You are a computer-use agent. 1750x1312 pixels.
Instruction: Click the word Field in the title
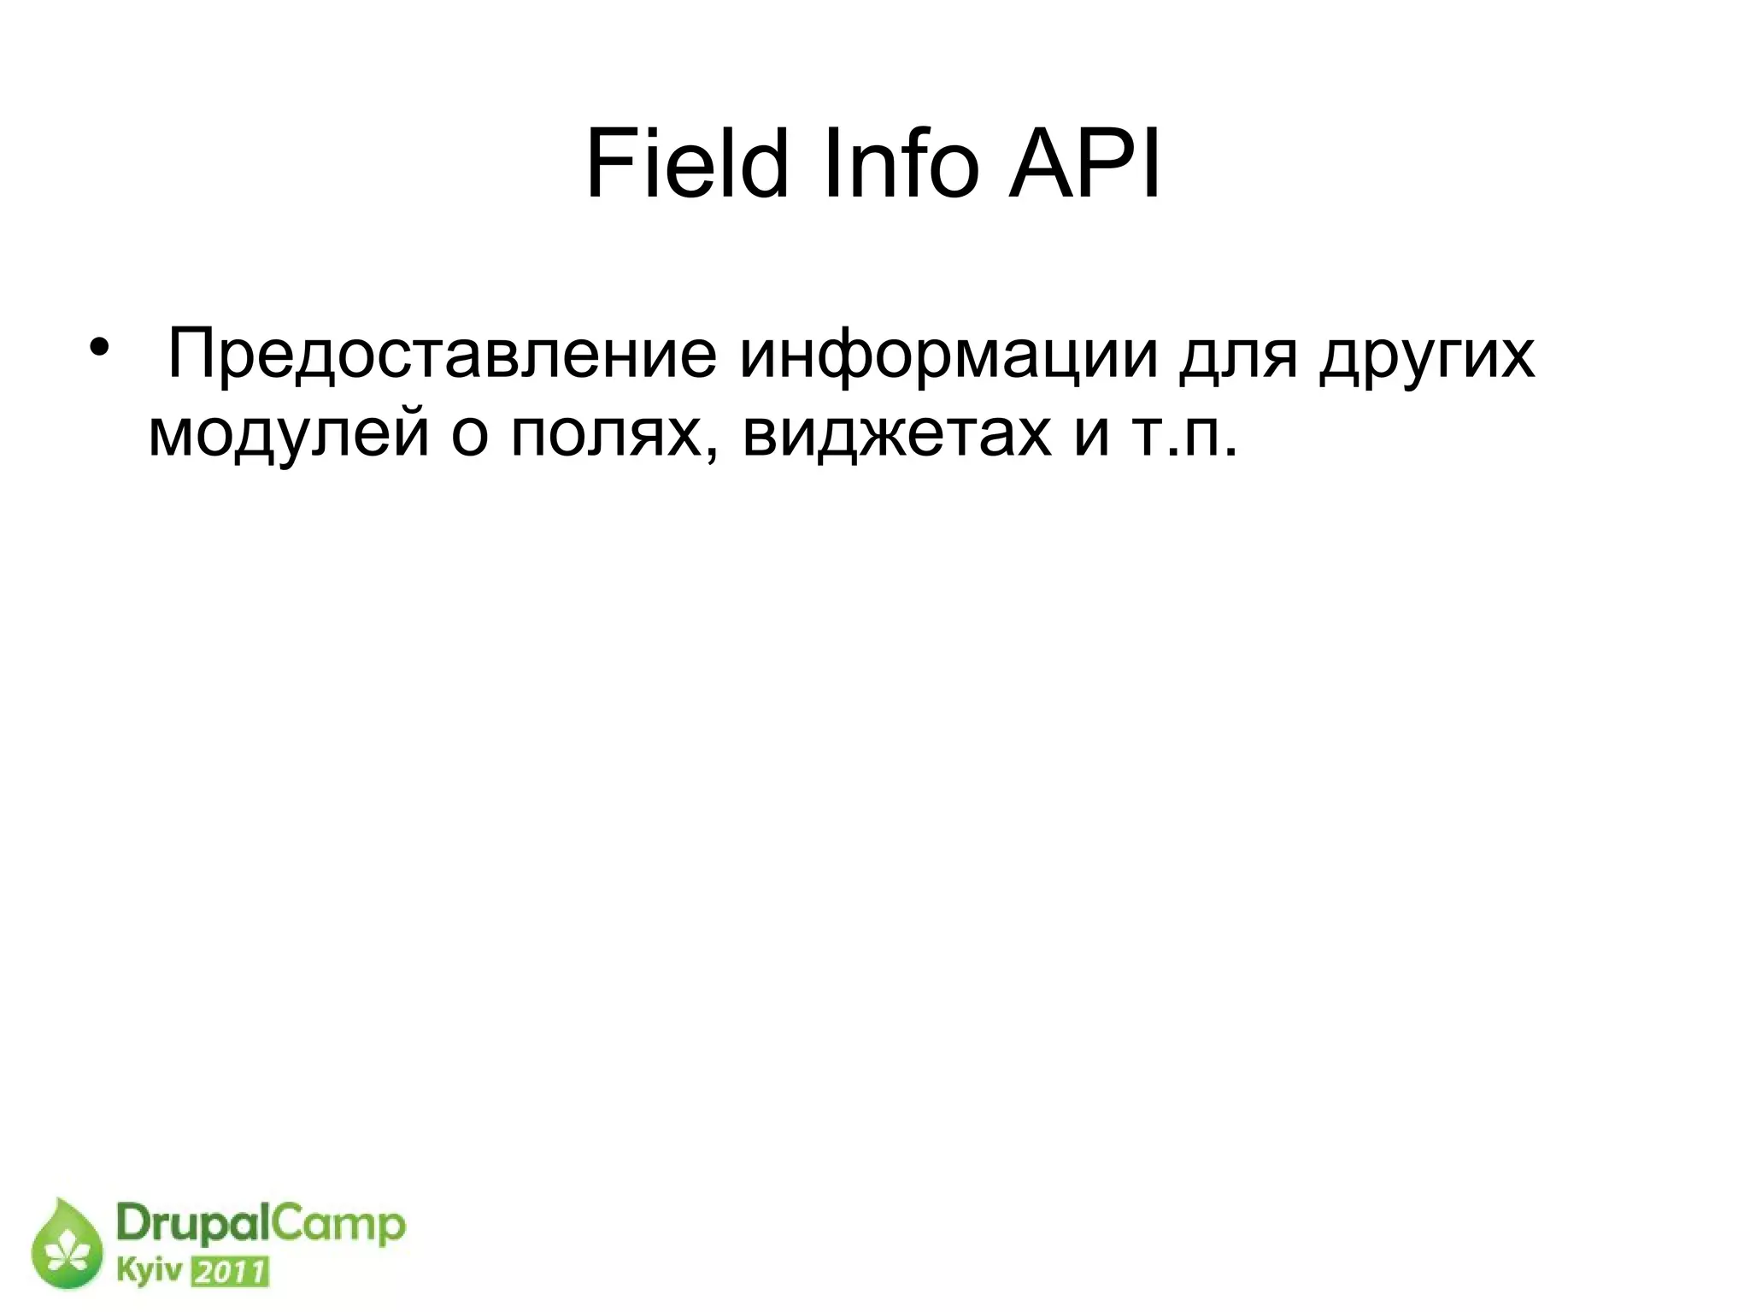pyautogui.click(x=686, y=165)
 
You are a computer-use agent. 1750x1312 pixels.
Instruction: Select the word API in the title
pyautogui.click(x=1084, y=165)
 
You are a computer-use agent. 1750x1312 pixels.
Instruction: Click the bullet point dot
pyautogui.click(x=100, y=348)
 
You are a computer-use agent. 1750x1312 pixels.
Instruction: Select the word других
pyautogui.click(x=1426, y=354)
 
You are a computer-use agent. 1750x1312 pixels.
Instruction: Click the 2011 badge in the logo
pyautogui.click(x=229, y=1273)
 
